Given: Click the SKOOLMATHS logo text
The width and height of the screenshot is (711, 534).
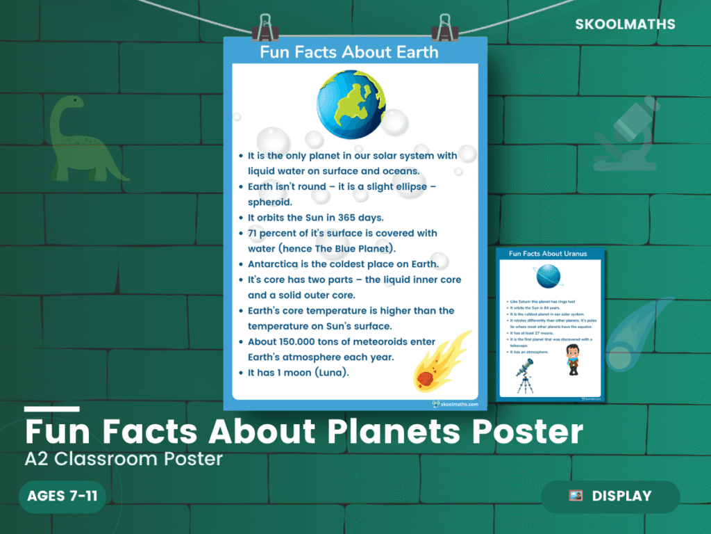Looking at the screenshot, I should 625,24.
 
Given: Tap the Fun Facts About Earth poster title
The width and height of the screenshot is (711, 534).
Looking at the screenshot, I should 349,52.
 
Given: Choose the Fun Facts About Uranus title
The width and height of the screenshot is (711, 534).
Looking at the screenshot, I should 548,254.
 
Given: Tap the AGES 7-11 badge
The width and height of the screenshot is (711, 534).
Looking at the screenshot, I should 62,496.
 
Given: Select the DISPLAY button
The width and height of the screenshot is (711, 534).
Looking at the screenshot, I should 610,496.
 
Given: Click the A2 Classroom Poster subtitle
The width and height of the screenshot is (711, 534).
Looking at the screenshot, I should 124,460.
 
